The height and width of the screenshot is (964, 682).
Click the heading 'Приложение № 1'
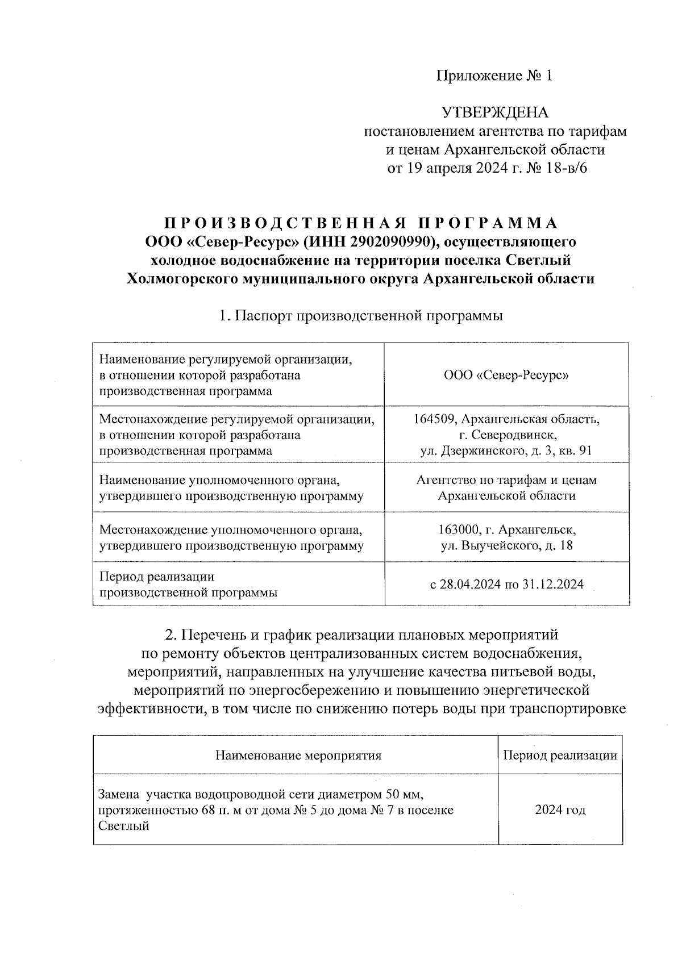pos(494,76)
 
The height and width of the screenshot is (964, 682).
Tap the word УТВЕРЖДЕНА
pos(495,112)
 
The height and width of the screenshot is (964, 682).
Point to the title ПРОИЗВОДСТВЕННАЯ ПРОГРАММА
pos(361,223)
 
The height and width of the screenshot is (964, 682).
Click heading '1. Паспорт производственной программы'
pos(361,315)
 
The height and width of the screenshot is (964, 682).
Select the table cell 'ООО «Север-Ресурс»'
pos(506,375)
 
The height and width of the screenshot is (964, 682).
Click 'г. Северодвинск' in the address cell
pos(507,435)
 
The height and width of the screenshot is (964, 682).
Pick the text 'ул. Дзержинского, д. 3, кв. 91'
pos(506,451)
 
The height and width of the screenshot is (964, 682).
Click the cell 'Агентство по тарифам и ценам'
pos(506,480)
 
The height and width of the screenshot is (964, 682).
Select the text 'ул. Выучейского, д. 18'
pos(506,546)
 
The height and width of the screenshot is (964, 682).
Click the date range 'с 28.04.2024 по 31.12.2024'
pos(506,584)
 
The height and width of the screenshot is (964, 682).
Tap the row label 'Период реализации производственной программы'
pos(188,585)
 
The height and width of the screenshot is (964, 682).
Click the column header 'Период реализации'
pos(560,755)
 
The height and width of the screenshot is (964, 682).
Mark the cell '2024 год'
pos(560,809)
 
